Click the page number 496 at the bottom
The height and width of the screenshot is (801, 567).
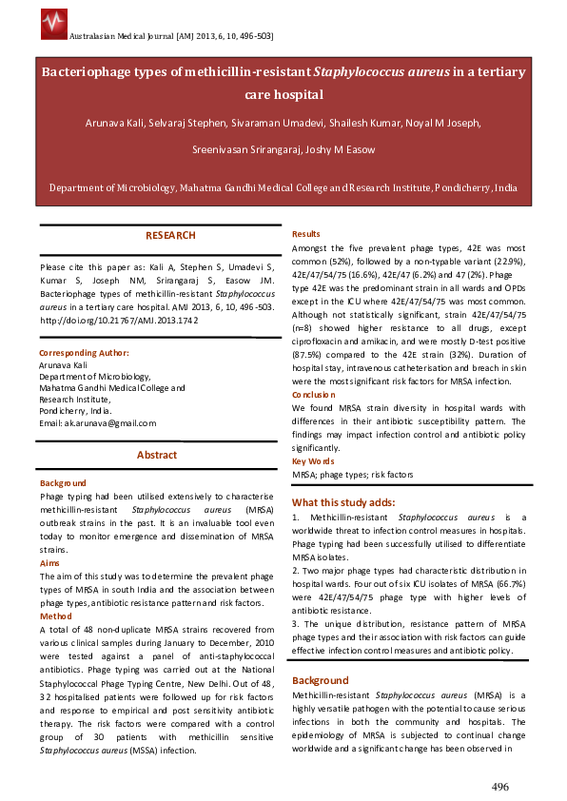click(x=500, y=786)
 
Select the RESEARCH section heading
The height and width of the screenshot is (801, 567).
click(x=170, y=235)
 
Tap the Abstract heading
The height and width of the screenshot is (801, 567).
click(x=157, y=455)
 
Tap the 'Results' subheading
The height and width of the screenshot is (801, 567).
click(x=305, y=233)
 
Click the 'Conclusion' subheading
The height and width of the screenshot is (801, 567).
click(x=313, y=394)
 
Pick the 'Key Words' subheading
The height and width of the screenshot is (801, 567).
click(x=313, y=460)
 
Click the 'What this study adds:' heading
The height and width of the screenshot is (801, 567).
click(x=342, y=502)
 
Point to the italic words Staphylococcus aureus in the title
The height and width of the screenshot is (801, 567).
click(x=389, y=71)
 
